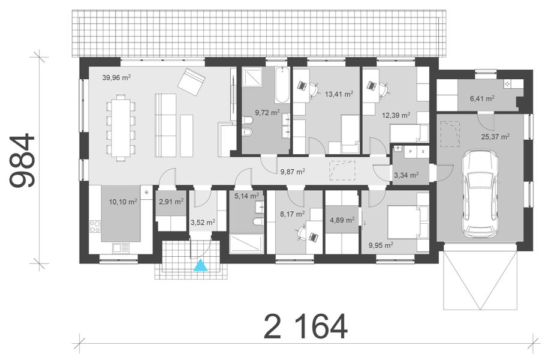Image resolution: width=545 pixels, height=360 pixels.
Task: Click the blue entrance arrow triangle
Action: point(201,265)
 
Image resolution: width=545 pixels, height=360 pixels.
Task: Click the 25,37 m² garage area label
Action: point(496,136)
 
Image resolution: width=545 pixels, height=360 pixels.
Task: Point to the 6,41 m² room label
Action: point(482,98)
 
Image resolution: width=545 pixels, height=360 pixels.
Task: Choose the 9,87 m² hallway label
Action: point(293,171)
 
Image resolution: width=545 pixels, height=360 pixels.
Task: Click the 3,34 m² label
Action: point(406,175)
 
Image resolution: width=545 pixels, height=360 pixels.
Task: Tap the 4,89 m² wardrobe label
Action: point(342,220)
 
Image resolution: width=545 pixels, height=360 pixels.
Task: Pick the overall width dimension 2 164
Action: point(306,327)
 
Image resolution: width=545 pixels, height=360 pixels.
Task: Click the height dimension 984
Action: point(24,161)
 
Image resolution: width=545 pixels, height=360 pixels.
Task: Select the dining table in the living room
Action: point(122,125)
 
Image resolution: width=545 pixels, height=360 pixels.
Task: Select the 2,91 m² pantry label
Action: point(171,202)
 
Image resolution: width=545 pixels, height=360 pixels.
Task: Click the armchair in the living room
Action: point(192,82)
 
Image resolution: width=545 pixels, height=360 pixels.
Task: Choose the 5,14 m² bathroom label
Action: point(246,196)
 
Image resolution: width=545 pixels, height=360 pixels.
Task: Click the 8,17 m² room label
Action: point(293,213)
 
